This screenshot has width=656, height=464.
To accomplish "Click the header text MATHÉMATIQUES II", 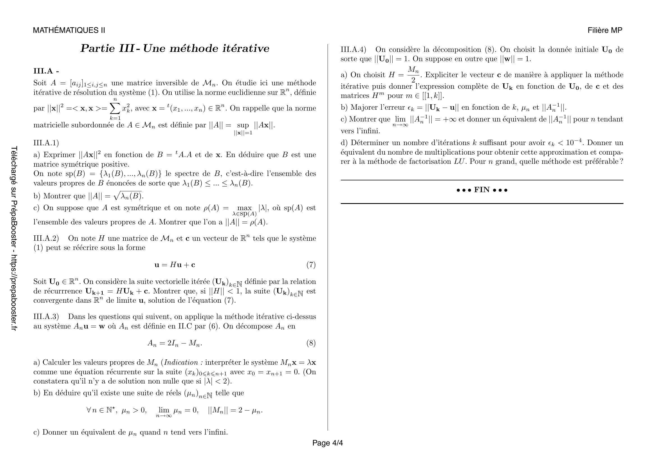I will coord(69,30).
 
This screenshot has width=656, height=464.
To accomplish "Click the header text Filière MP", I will coord(605,30).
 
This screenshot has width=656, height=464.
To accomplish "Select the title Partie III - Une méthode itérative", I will coord(175,49).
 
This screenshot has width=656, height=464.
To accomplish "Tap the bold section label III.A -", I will coord(46,71).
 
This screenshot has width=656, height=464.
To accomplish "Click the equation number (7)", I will coord(311,265).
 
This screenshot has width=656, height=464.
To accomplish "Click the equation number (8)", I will coord(311,343).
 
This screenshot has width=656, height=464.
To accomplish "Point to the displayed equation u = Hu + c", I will coord(175,265).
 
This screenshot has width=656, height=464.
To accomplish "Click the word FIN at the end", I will coord(482,190).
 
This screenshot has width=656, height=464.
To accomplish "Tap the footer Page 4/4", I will coord(327,443).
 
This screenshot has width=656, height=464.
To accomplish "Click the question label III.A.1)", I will coord(46,143).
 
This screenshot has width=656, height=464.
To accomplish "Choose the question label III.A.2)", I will coord(46,238).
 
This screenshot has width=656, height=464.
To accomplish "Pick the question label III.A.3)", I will coord(46,316).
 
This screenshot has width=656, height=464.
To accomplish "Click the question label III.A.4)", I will coord(353,50).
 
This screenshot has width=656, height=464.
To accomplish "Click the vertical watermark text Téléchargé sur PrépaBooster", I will coord(14,238).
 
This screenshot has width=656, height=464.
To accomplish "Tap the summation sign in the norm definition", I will coord(115,108).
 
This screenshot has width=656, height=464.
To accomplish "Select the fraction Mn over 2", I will coord(413,75).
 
